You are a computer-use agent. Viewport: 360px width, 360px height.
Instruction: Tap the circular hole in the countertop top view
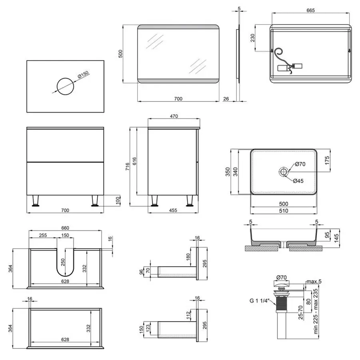pos(65,86)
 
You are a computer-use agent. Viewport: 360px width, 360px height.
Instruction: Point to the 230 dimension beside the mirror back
pos(252,38)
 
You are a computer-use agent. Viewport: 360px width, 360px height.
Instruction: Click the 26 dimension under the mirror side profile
pos(226,98)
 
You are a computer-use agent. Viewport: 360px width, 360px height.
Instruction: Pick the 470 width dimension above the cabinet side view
pos(174,116)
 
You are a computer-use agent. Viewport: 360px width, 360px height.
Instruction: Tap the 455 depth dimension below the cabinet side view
pos(173,210)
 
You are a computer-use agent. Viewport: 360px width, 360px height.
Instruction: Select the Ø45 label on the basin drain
pos(298,181)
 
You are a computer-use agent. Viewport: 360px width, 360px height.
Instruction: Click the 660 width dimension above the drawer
pos(65,228)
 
